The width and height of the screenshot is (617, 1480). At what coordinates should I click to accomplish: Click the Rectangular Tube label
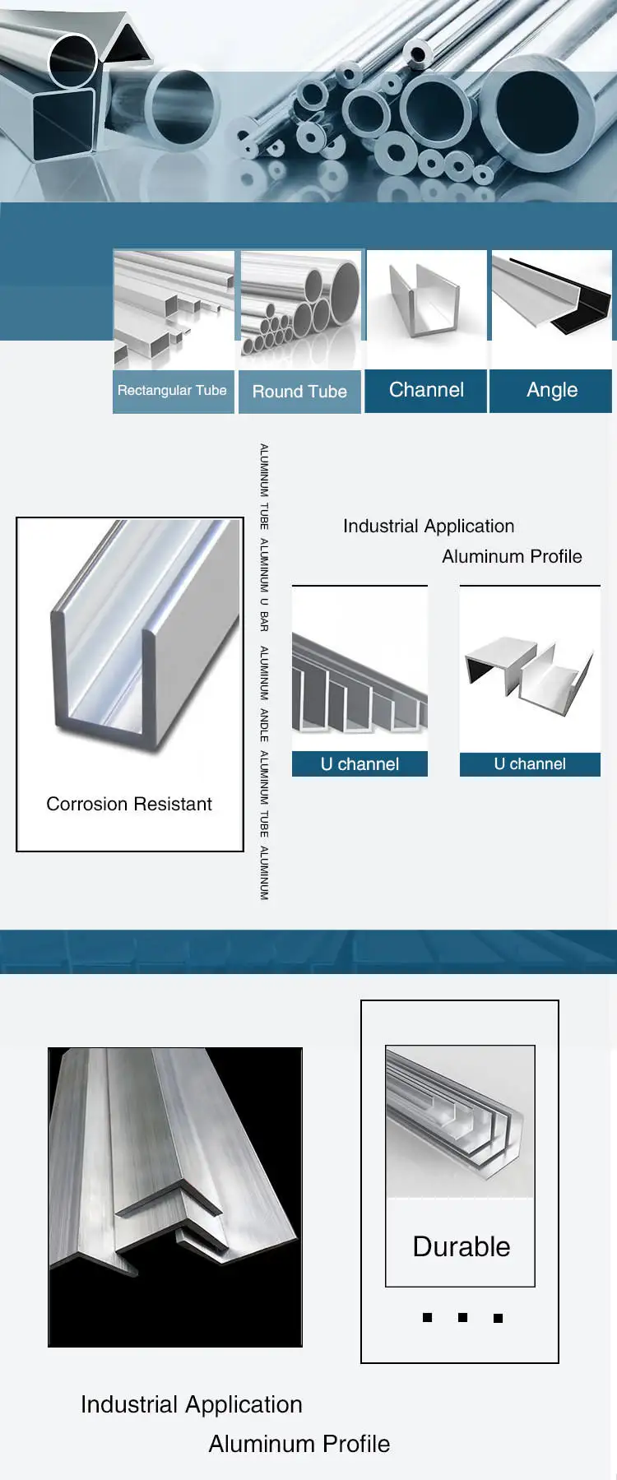172,391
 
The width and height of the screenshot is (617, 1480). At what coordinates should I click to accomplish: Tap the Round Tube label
299,392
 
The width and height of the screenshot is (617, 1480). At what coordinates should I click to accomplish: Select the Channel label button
426,390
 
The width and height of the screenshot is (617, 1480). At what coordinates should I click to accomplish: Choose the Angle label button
552,390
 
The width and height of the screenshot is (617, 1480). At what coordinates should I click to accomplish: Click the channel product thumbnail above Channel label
426,309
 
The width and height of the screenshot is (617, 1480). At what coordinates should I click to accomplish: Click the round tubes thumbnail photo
300,309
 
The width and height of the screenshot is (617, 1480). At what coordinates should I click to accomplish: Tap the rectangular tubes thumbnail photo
174,309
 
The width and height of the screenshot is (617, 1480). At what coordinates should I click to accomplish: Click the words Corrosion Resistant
129,804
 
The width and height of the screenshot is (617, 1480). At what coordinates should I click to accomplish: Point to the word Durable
461,1246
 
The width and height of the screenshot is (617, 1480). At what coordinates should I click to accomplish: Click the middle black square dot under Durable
462,1317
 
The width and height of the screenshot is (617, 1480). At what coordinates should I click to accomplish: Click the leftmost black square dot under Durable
427,1317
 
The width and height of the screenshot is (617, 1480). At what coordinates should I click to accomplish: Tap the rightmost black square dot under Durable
498,1318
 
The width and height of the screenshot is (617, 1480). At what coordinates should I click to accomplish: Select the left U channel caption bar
360,764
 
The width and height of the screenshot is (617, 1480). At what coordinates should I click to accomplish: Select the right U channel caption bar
530,764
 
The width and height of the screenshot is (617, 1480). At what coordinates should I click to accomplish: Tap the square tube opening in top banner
63,123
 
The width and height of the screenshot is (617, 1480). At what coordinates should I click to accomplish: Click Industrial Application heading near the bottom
192,1404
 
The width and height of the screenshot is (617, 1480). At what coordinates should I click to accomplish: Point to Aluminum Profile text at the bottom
299,1444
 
